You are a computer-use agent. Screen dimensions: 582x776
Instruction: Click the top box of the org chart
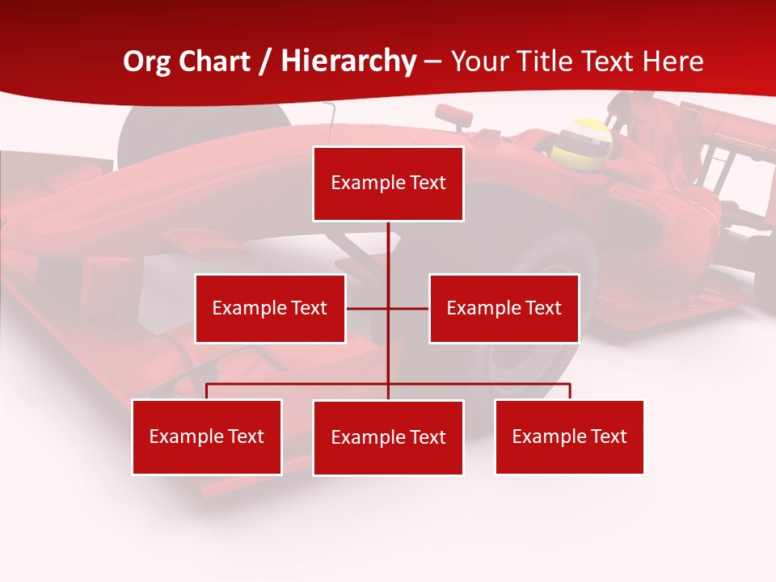pyautogui.click(x=388, y=183)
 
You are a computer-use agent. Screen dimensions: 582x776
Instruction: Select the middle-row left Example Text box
pyautogui.click(x=270, y=309)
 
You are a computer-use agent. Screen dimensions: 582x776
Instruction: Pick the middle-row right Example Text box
pyautogui.click(x=504, y=309)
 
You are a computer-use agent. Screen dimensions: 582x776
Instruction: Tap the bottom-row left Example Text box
pyautogui.click(x=206, y=437)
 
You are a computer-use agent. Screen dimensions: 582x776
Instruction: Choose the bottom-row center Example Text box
pyautogui.click(x=388, y=438)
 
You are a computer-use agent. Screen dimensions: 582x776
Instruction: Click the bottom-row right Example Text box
pyautogui.click(x=569, y=437)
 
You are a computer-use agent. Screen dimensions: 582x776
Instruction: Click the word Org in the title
pyautogui.click(x=146, y=61)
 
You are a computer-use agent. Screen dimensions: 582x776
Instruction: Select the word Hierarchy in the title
pyautogui.click(x=348, y=61)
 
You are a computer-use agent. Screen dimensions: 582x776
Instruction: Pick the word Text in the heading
pyautogui.click(x=610, y=61)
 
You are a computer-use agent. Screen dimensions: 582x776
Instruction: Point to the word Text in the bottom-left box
pyautogui.click(x=245, y=437)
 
